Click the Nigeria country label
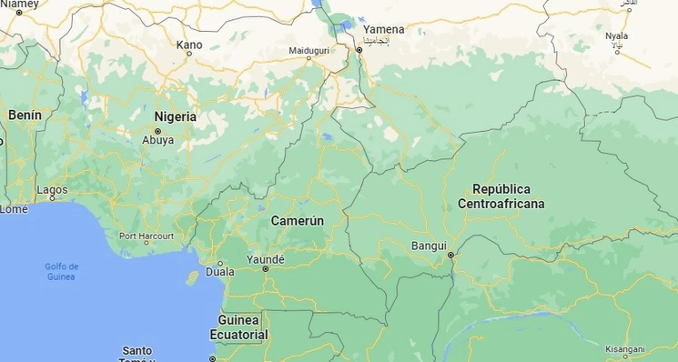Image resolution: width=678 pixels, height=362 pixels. coord(175,116)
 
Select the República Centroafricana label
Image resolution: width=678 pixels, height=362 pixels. coord(501,196)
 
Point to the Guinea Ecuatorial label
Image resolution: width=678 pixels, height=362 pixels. coord(239,327)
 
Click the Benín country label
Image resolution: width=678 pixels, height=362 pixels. coord(25,116)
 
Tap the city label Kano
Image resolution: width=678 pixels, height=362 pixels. coord(189,44)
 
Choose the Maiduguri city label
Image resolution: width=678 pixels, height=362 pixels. coord(309,49)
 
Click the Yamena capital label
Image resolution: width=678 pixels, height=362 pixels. coord(383,29)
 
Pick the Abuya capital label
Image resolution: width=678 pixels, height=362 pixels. coord(157,140)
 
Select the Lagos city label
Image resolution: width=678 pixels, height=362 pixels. coord(52,190)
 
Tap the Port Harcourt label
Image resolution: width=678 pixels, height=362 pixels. coord(147,236)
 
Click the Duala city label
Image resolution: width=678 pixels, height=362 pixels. coord(219,271)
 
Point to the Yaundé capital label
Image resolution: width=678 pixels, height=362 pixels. coord(266,259)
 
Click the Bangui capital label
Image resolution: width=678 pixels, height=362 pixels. coord(429,246)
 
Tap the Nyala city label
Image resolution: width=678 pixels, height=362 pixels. coord(617,36)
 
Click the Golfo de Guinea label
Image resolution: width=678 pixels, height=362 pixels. coord(62,270)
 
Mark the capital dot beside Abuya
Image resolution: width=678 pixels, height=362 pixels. coord(157,130)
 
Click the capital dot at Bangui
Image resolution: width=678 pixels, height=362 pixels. coord(450,256)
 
